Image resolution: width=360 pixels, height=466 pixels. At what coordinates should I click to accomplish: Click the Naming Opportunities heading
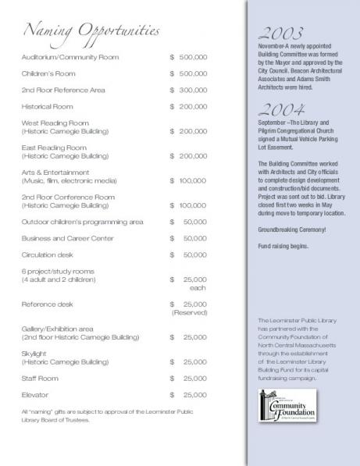tap(92, 31)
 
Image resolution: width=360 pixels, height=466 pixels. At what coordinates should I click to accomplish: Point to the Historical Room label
tap(48, 107)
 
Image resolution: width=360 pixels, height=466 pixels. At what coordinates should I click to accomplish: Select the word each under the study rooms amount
tap(198, 287)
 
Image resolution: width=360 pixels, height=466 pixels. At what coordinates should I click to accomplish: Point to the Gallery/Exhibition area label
tap(60, 329)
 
